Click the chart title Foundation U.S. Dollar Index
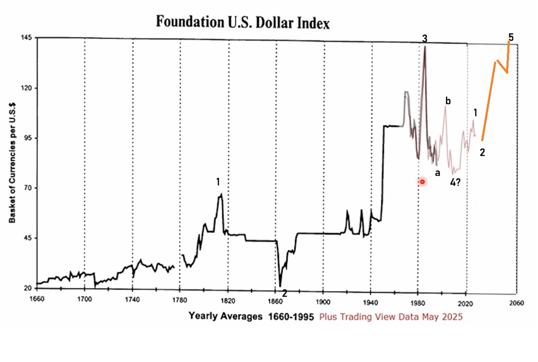coord(242,22)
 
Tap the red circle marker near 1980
coord(422,182)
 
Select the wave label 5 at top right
coord(511,37)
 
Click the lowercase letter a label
coord(437,172)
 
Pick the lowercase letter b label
coord(448,101)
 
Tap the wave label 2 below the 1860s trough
coord(285,293)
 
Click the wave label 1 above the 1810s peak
coord(218,182)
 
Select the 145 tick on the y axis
coord(27,38)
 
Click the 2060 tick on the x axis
coord(516,302)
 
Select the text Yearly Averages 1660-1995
coord(251,316)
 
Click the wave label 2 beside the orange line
coord(482,152)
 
